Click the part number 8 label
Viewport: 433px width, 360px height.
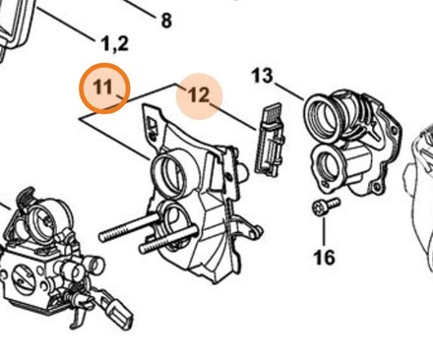click(166, 21)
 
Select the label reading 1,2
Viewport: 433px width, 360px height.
click(115, 43)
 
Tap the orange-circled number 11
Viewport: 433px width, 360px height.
click(102, 88)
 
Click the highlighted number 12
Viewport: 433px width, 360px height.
click(198, 95)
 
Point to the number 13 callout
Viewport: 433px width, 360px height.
click(263, 76)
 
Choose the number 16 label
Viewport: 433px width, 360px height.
click(325, 257)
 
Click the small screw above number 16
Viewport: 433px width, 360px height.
click(326, 206)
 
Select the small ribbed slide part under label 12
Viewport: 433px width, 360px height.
click(270, 140)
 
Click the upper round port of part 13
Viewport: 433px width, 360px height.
click(323, 116)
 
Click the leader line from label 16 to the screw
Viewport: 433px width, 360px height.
click(324, 231)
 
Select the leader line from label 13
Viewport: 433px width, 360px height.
click(289, 91)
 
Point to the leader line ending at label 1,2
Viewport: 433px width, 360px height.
click(65, 24)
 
